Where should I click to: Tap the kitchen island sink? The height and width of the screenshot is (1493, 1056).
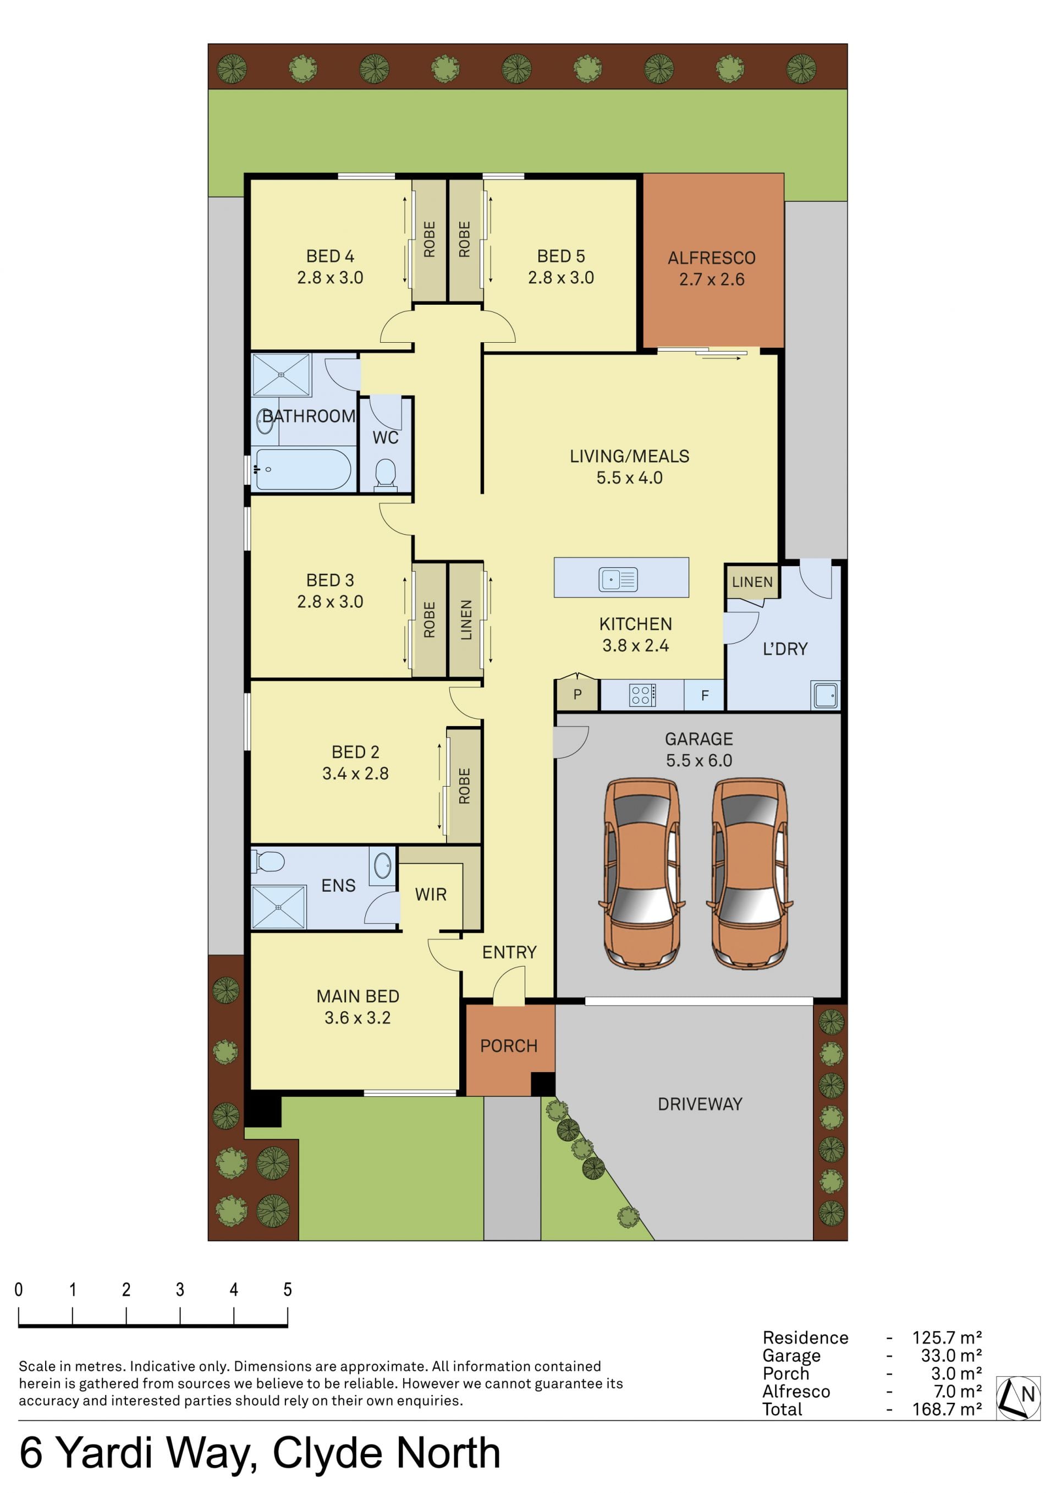click(618, 579)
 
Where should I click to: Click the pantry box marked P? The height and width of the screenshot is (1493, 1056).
click(577, 694)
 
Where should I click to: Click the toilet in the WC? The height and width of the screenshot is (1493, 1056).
click(386, 474)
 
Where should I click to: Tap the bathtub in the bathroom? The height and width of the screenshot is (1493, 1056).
click(302, 469)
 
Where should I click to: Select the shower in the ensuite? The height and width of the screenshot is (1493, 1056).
click(278, 907)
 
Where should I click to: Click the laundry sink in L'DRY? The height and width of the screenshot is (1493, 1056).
click(825, 694)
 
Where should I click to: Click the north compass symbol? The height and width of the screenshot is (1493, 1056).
click(1018, 1397)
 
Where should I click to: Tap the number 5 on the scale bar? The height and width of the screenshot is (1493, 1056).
click(288, 1289)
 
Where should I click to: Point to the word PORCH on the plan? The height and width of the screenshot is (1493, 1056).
click(509, 1046)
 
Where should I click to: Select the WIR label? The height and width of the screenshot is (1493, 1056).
click(431, 895)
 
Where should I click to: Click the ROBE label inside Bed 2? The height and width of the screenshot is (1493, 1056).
click(464, 786)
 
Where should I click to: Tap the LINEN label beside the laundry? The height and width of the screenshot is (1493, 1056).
click(752, 582)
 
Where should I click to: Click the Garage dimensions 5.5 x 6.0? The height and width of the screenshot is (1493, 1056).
click(699, 760)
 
